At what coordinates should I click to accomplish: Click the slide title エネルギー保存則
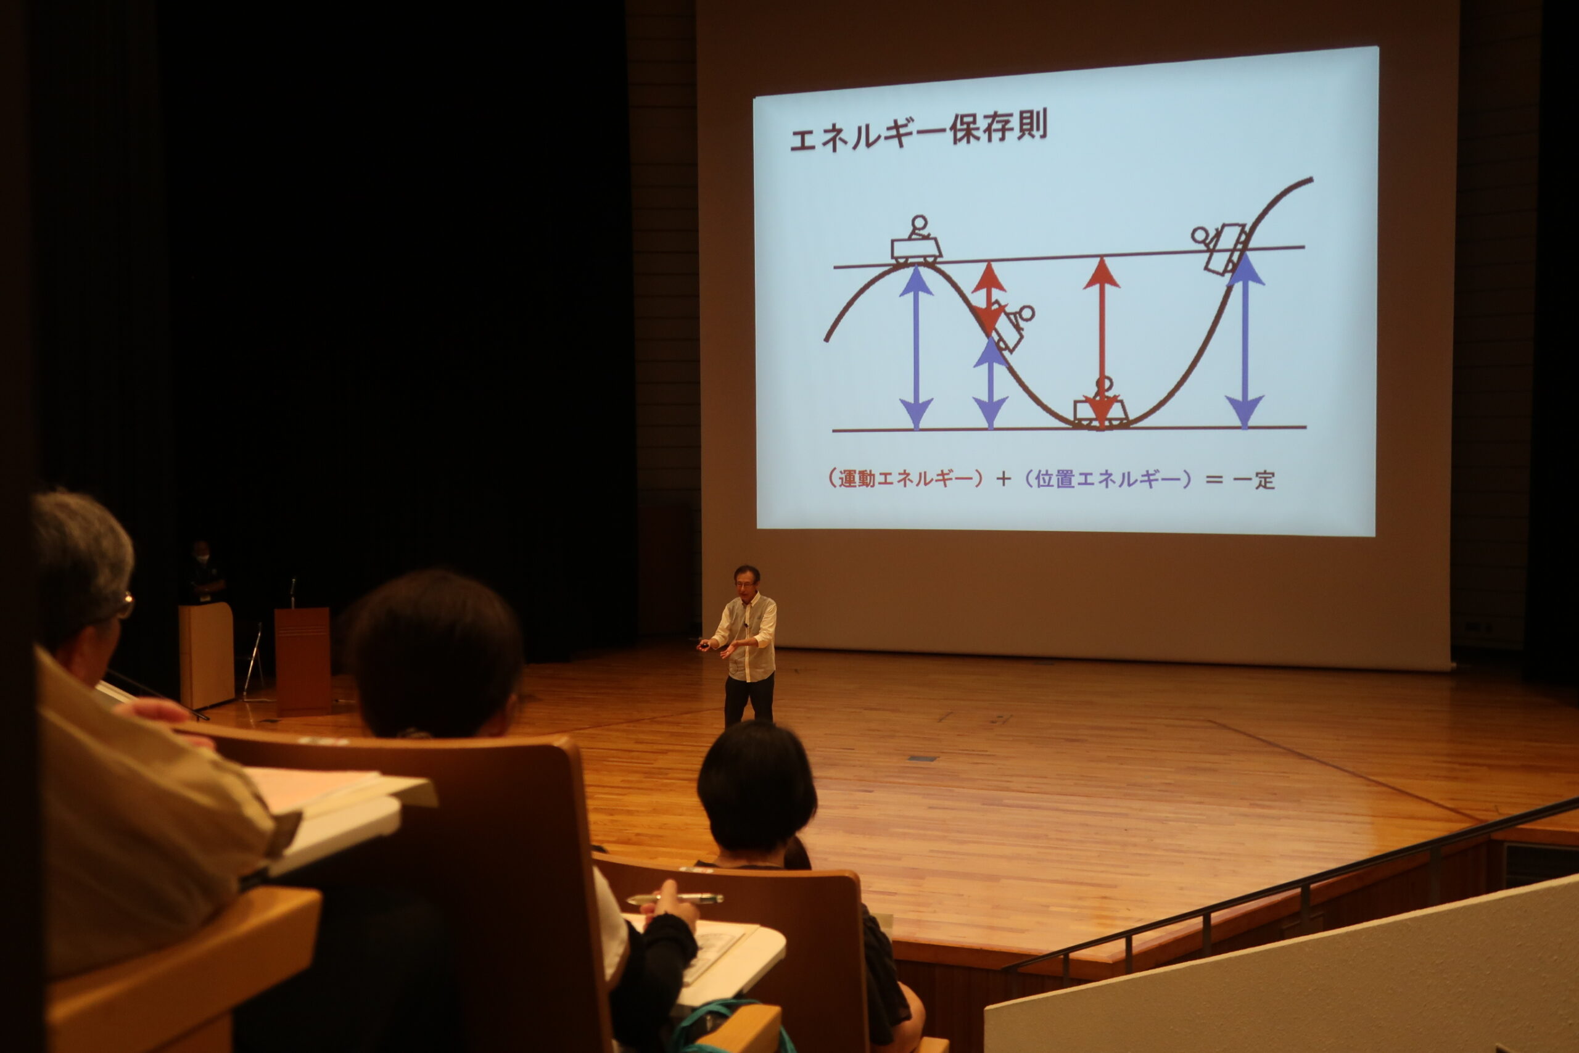[x=918, y=131]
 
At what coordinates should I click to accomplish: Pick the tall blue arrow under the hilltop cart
[x=917, y=348]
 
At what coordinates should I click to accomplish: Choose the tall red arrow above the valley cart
[x=1101, y=343]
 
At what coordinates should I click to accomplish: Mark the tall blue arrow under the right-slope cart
[x=1245, y=342]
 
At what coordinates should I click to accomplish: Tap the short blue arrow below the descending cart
[x=990, y=383]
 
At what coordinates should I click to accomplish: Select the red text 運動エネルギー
[x=905, y=478]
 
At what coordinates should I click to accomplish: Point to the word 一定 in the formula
[x=1254, y=479]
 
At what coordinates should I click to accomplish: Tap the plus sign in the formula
[x=1004, y=479]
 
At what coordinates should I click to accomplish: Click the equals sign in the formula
[x=1214, y=480]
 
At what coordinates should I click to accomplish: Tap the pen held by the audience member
[x=675, y=899]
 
